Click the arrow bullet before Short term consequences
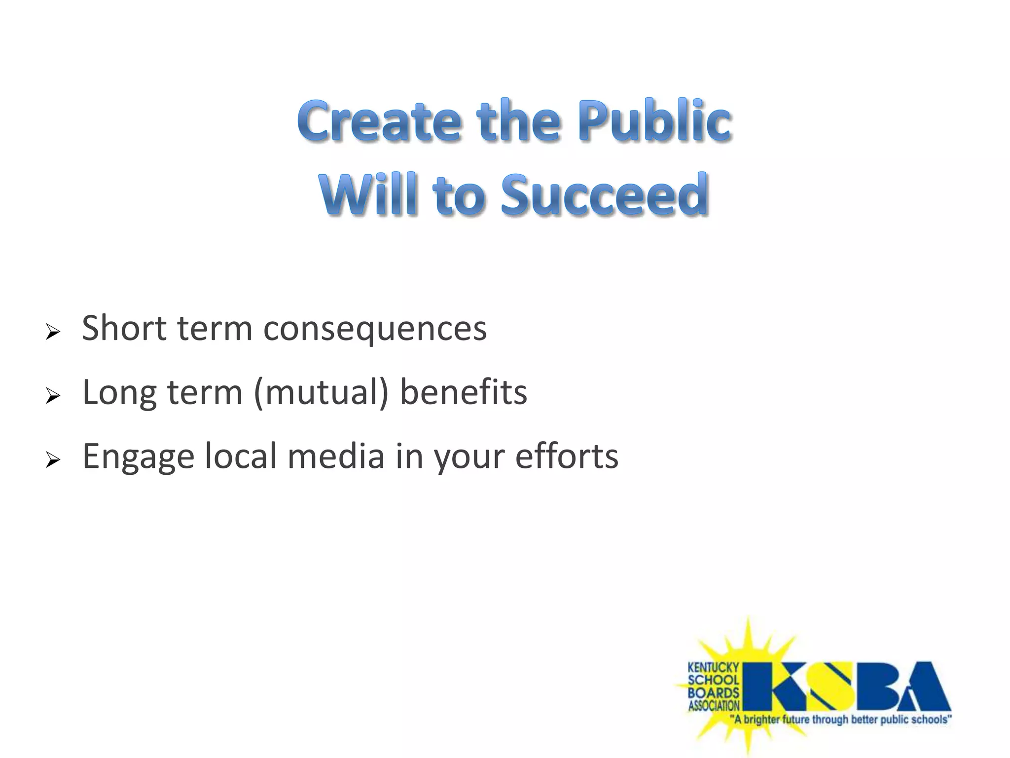coord(52,332)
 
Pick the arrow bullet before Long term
coord(52,396)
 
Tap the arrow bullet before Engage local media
coord(52,460)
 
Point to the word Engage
coord(138,457)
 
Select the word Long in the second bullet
coord(119,393)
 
